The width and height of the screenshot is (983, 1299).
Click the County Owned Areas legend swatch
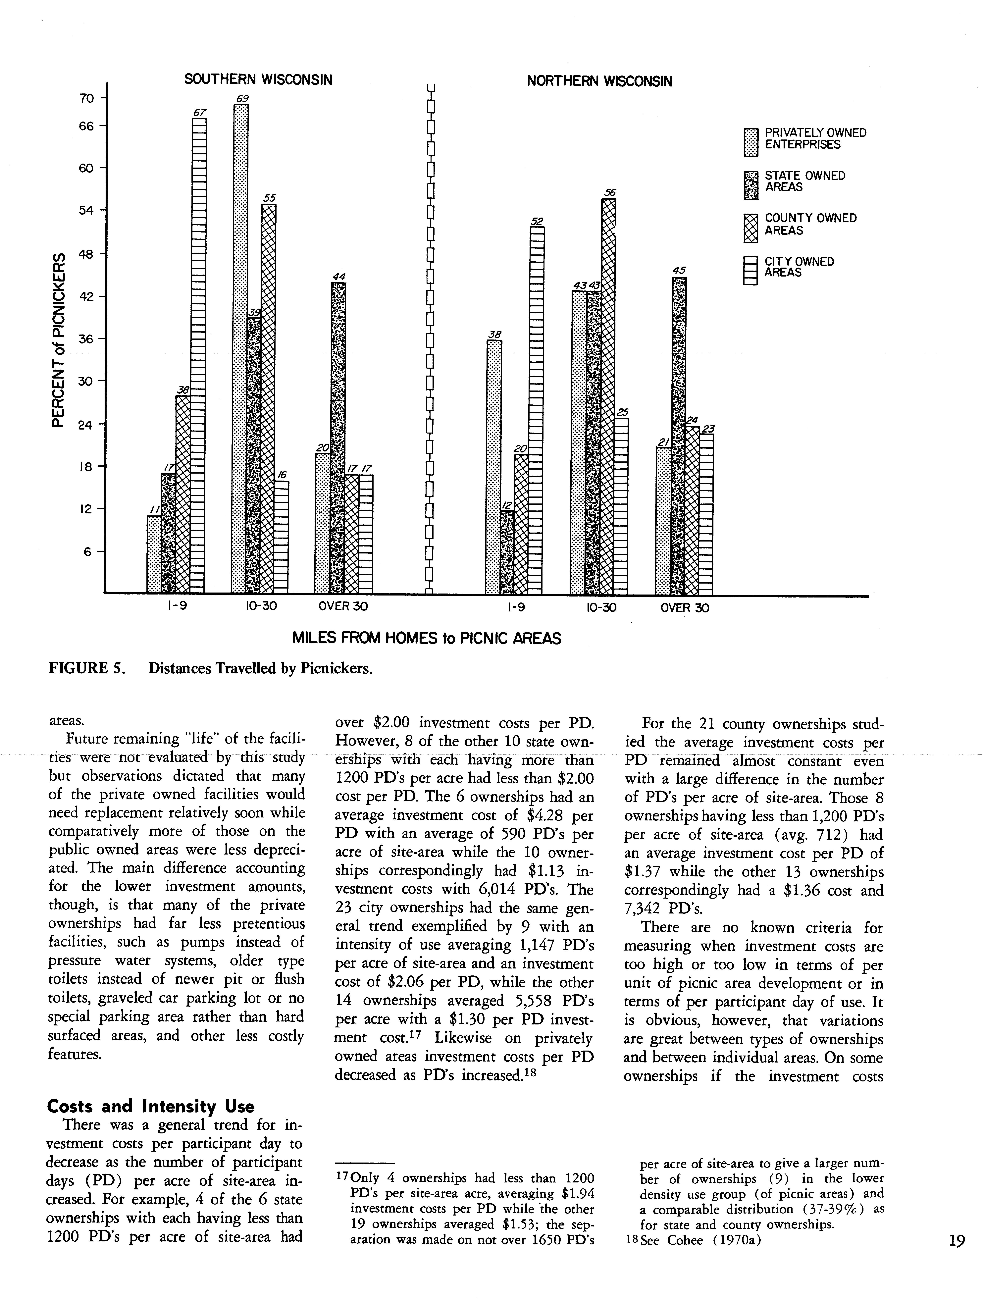(751, 228)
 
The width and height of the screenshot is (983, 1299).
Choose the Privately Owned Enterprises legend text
(815, 139)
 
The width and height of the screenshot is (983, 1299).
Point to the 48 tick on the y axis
(86, 254)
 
